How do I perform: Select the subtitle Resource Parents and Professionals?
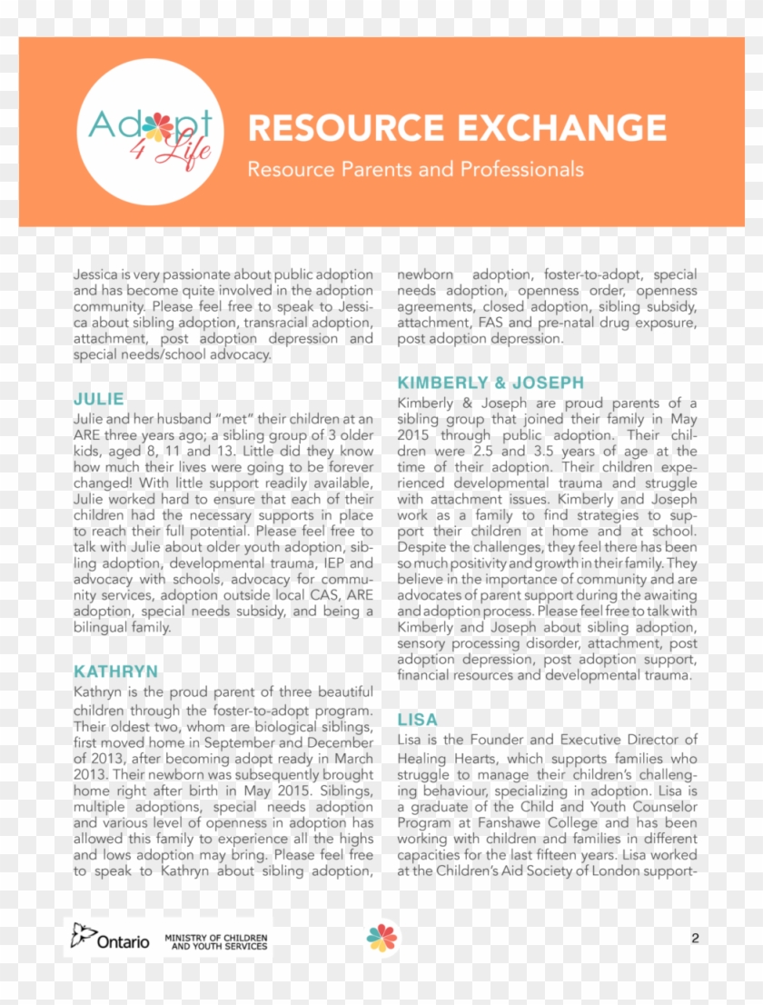click(415, 169)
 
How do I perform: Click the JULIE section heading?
click(99, 399)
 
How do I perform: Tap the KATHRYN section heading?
click(115, 672)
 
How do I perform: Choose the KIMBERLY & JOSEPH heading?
click(490, 383)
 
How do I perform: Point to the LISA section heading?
click(417, 720)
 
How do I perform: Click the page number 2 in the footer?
click(695, 939)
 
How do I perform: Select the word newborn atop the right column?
click(424, 274)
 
